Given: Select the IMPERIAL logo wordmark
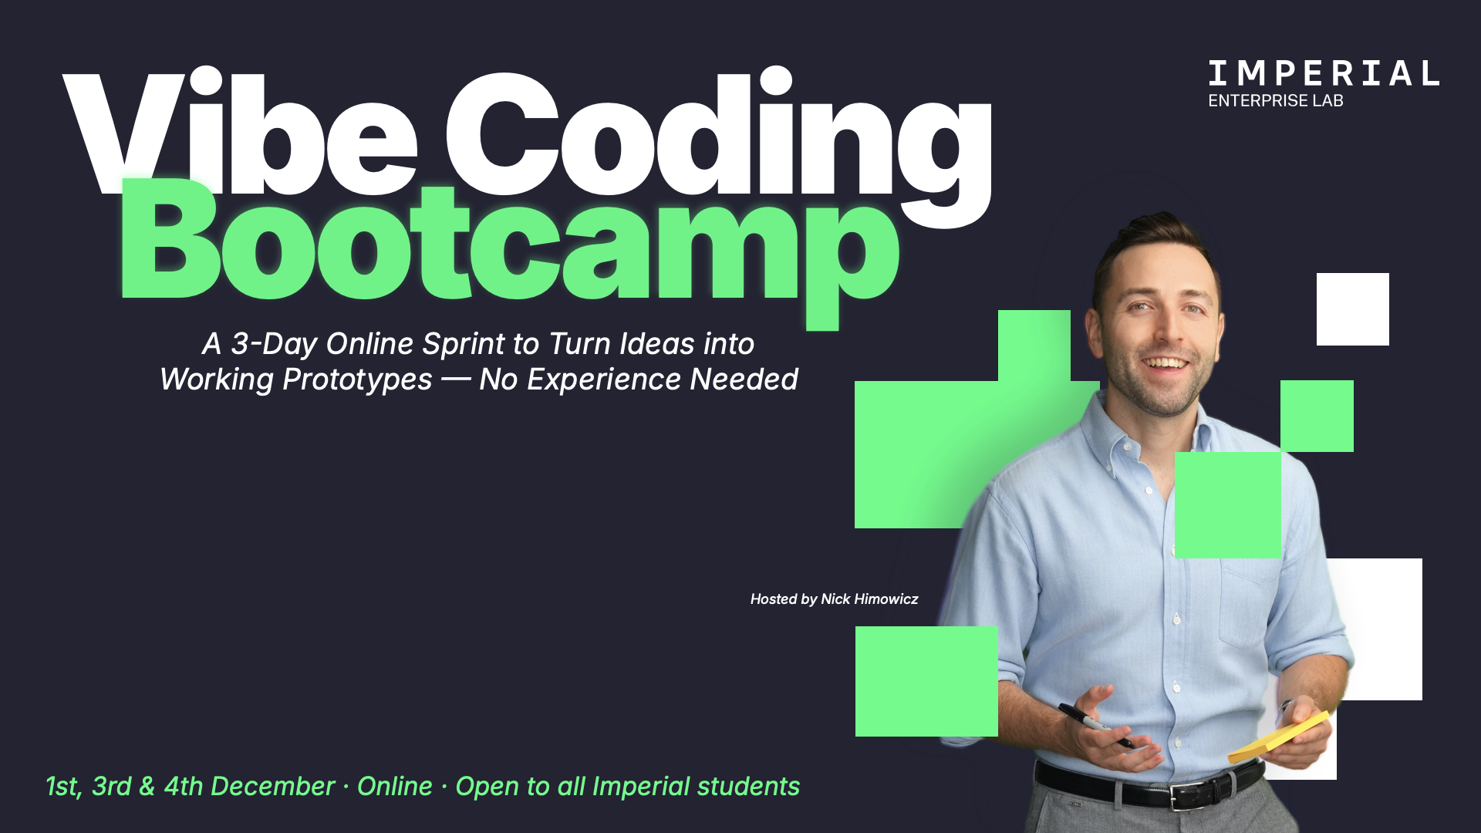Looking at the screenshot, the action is click(1324, 73).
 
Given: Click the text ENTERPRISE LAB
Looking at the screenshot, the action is click(1276, 101).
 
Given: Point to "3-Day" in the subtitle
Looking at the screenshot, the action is click(274, 344).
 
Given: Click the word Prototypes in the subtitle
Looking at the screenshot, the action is click(357, 379).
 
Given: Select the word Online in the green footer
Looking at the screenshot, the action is click(394, 787).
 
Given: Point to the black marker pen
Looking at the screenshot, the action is click(1095, 725).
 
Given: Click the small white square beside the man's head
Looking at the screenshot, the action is click(1353, 309).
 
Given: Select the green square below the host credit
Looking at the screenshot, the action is click(926, 681).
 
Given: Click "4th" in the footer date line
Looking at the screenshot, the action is click(183, 787).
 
